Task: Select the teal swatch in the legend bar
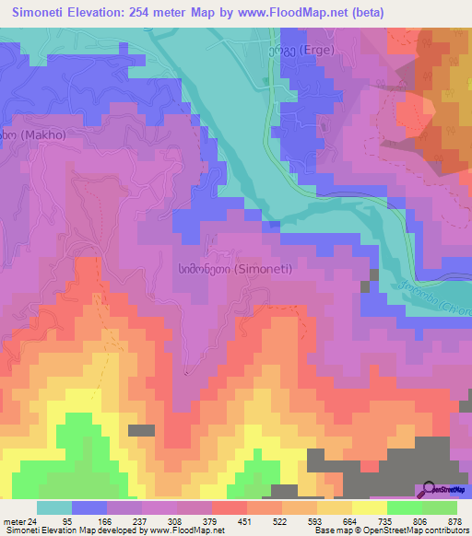click(54, 507)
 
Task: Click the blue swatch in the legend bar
click(89, 507)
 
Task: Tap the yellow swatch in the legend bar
click(369, 507)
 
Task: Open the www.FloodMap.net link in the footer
click(174, 531)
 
